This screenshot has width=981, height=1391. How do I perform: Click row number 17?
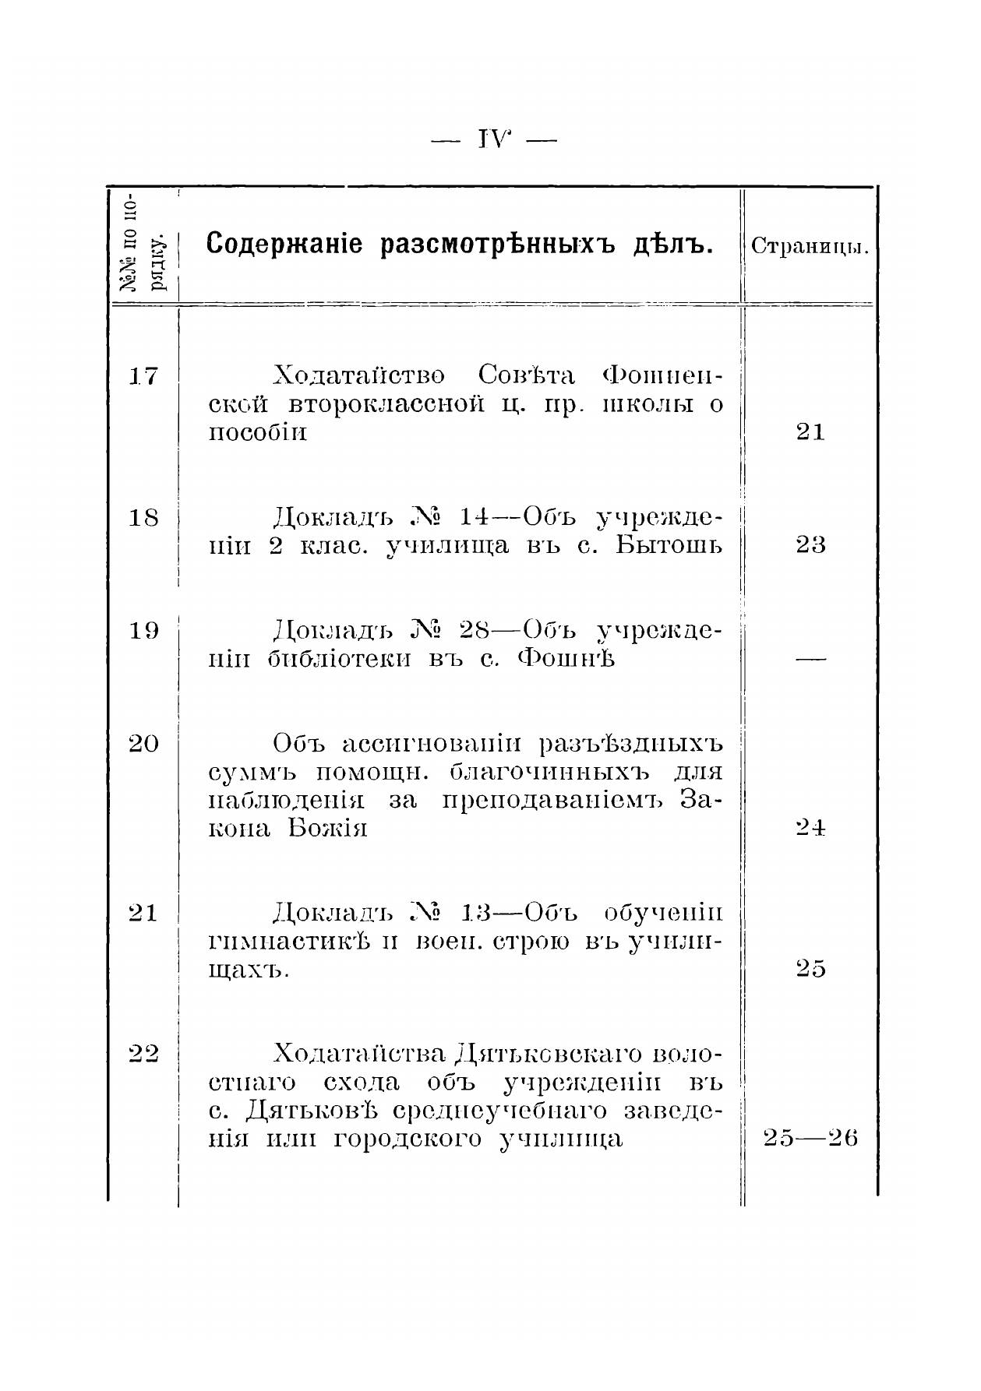(143, 377)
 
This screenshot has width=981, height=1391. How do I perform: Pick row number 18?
(143, 518)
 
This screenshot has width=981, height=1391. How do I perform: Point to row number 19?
(143, 630)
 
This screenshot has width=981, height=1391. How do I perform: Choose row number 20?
(143, 743)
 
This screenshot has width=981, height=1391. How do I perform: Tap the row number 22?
(143, 1054)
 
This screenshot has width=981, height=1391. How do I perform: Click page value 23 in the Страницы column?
(810, 545)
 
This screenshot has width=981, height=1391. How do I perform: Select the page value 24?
(810, 828)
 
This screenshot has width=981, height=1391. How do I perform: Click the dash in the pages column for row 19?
(810, 660)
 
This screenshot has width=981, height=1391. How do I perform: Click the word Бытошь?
(669, 545)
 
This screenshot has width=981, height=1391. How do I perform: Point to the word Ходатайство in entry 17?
(359, 376)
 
